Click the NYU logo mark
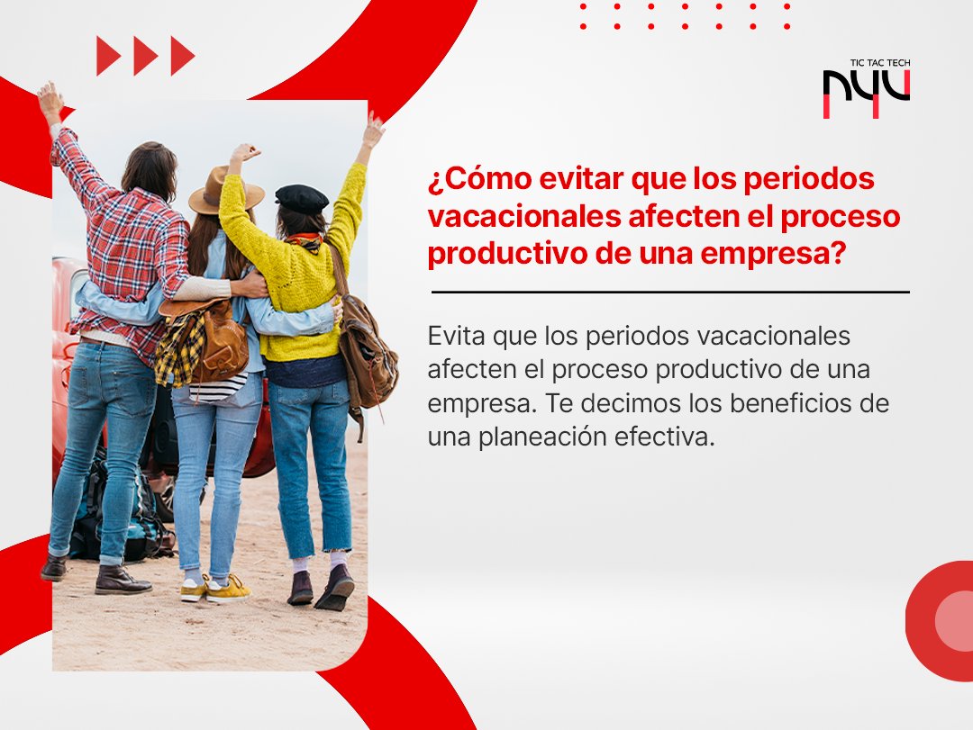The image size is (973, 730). coord(866,93)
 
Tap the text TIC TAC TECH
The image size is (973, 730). coord(879,63)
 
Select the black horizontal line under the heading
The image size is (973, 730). coord(670,292)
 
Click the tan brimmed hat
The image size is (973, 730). coord(225,189)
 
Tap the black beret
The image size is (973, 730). coord(302,198)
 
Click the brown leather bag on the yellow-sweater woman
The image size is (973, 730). coord(368,346)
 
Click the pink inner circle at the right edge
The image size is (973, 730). coord(955,620)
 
